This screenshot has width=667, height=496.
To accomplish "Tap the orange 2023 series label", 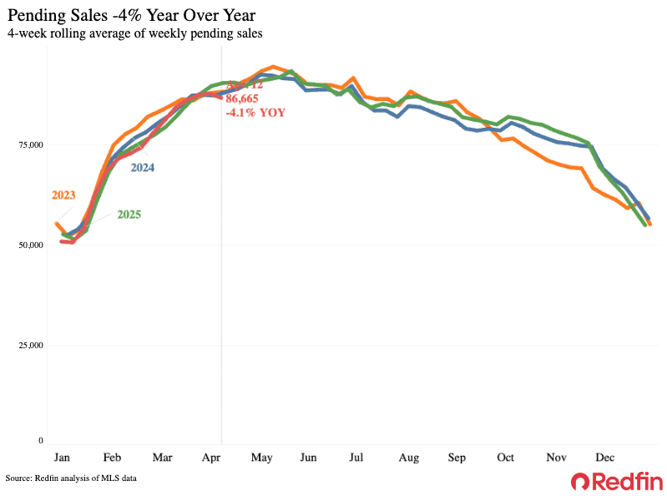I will pos(63,195).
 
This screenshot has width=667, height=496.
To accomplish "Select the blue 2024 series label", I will pos(142,167).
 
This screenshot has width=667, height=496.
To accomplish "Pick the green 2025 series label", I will pos(129,215).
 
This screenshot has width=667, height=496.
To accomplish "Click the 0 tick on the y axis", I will pos(38,440).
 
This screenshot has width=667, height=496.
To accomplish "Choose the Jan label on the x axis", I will pos(61,458).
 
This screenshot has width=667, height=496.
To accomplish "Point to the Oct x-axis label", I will pos(506,458).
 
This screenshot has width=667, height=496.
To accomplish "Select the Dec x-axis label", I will pos(604,458).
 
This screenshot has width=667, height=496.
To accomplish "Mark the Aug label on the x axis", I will pos(408,458).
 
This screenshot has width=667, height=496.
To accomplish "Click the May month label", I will pos(263,458).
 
